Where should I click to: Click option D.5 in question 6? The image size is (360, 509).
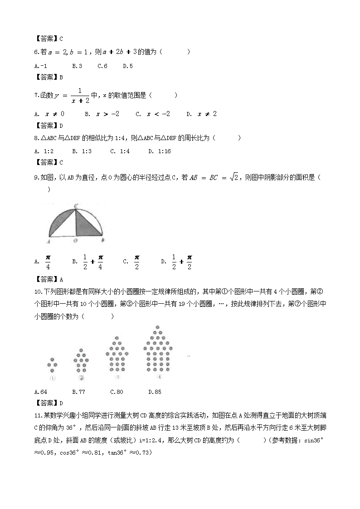128,66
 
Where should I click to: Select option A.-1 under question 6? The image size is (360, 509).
40,66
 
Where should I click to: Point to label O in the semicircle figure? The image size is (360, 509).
75,241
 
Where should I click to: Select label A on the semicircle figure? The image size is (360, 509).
48,242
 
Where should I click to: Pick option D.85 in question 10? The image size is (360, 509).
155,392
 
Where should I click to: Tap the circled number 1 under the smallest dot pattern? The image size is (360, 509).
53,378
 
